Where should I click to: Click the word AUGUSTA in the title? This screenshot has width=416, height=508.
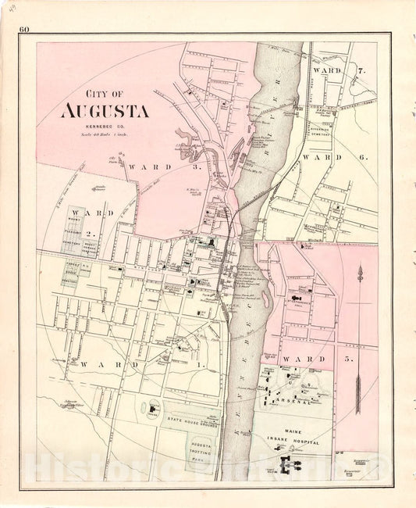coord(105,110)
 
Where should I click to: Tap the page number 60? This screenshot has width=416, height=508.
coord(25,30)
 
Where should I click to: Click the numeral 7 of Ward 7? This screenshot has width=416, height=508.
coord(361,71)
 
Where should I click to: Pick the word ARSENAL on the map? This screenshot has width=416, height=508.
coord(297,402)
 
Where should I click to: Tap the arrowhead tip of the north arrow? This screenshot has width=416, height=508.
coord(359,270)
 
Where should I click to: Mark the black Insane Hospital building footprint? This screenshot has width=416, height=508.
coord(295,467)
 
